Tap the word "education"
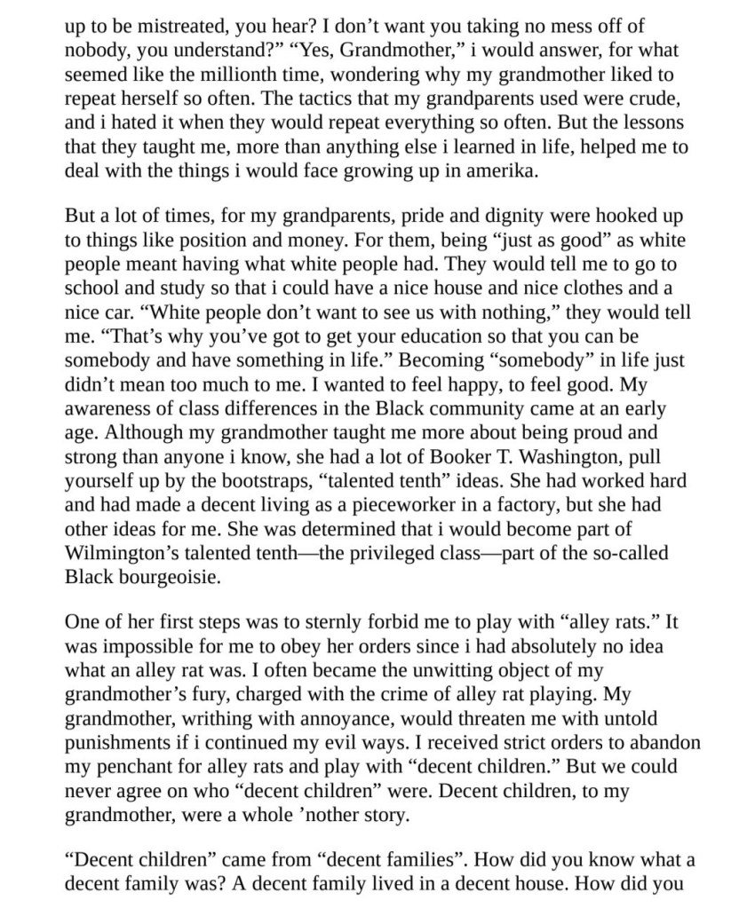pyautogui.click(x=420, y=337)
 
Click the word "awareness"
pyautogui.click(x=108, y=409)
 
